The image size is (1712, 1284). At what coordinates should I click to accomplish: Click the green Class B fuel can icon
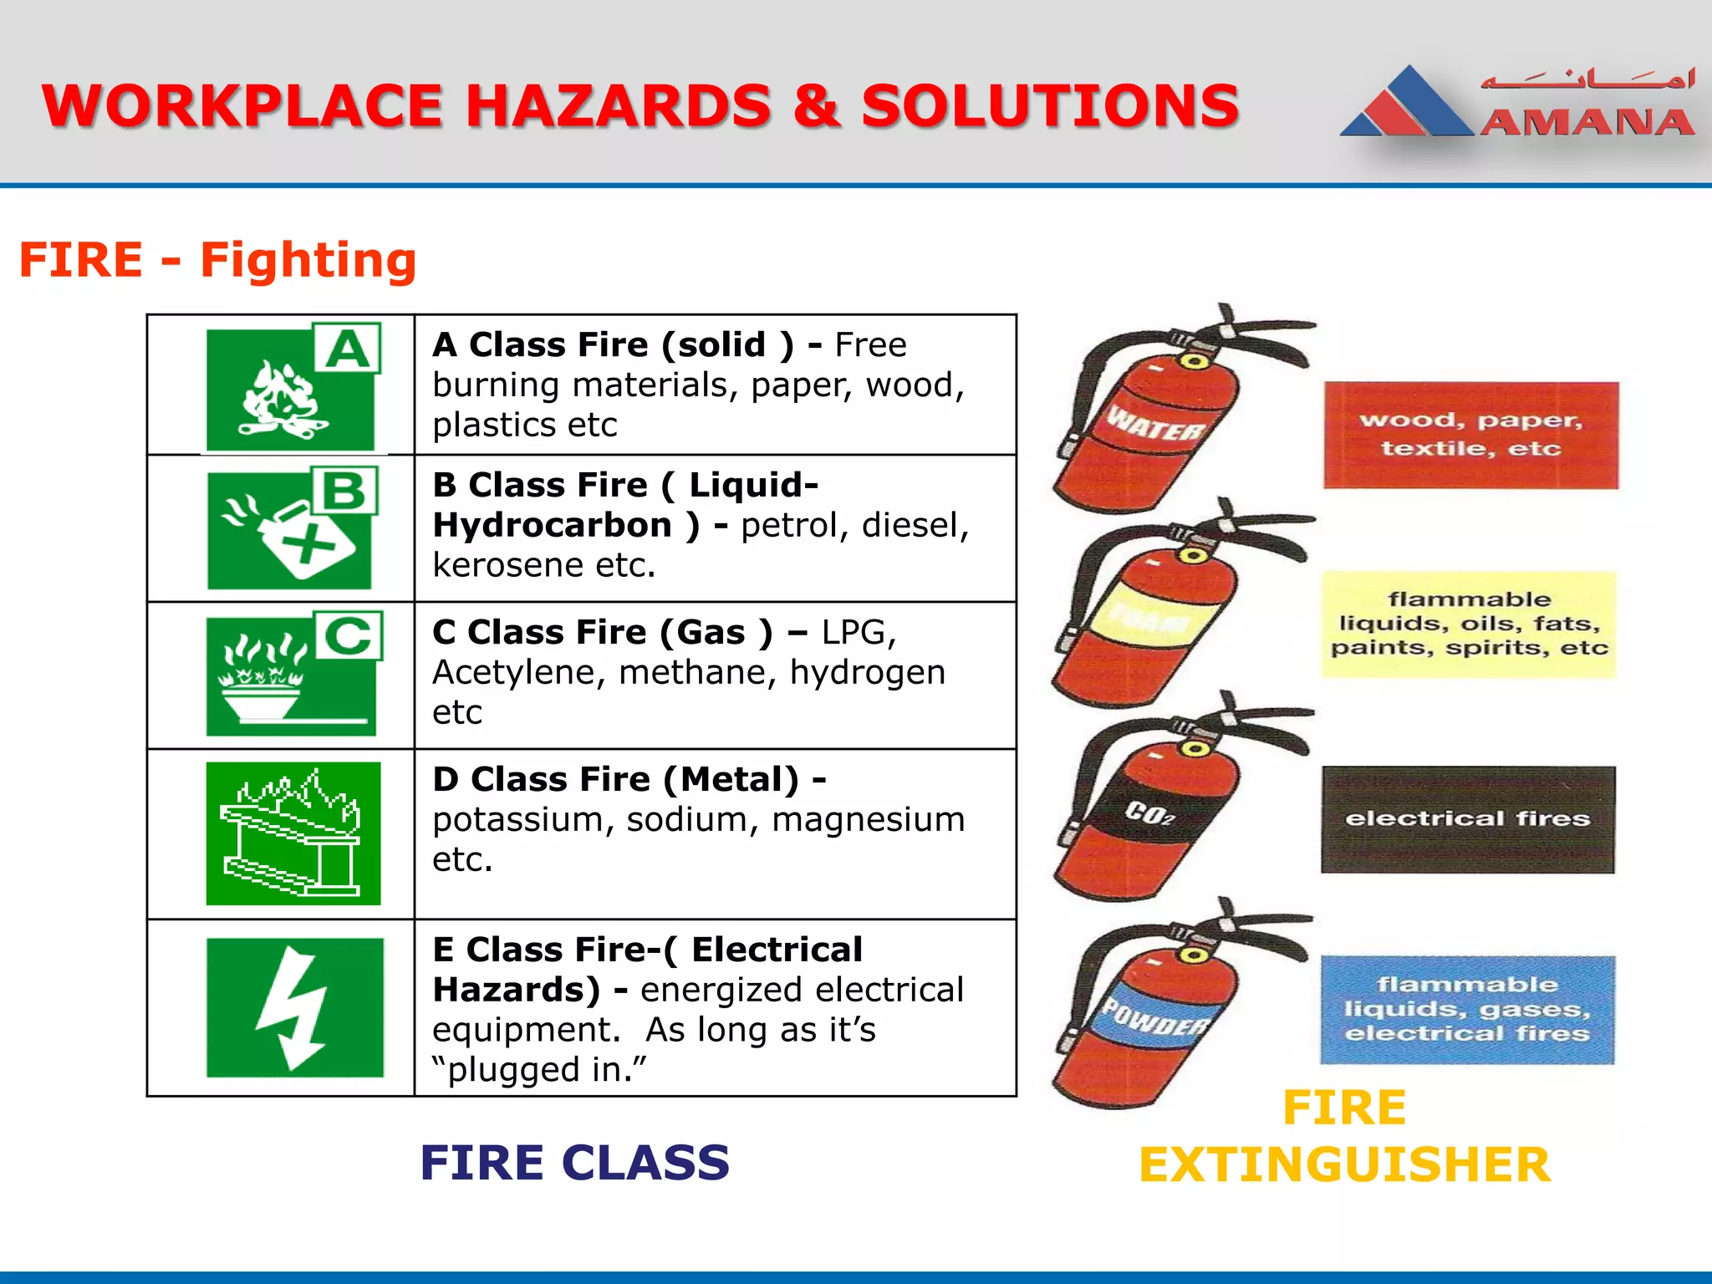tap(291, 528)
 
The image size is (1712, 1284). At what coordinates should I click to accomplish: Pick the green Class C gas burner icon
tap(293, 675)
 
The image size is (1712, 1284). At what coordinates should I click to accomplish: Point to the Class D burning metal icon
tap(293, 833)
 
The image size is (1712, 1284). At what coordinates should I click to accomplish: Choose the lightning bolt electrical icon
tap(294, 1007)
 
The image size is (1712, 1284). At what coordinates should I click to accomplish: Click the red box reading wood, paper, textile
tap(1470, 435)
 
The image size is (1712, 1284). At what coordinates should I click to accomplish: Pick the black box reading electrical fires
tap(1468, 819)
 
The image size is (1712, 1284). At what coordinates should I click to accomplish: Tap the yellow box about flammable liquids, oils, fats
tap(1469, 624)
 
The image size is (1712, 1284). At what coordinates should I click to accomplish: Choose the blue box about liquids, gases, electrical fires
tap(1467, 1009)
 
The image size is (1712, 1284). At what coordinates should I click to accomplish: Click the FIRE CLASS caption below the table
tap(574, 1163)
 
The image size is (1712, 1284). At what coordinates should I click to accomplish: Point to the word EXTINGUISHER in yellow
tap(1344, 1164)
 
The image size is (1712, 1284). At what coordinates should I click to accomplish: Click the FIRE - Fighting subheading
tap(217, 260)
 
